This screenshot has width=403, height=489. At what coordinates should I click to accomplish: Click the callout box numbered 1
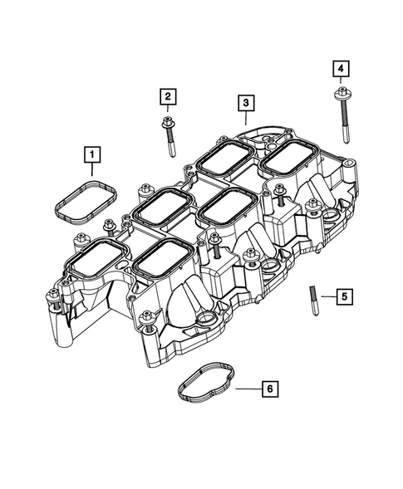(91, 154)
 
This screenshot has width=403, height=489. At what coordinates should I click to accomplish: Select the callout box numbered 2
(168, 98)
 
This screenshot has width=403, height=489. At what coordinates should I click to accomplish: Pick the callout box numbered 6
(268, 388)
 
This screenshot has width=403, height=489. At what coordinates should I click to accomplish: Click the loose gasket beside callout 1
(82, 201)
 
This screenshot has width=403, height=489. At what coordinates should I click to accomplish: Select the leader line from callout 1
(91, 169)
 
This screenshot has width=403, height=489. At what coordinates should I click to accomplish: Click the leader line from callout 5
(327, 296)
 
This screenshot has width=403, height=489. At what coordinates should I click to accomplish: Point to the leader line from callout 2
(168, 111)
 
